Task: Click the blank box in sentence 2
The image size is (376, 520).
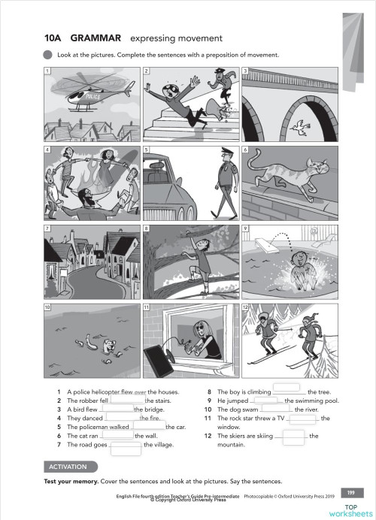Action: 126,401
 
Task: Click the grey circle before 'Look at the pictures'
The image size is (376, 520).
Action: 48,55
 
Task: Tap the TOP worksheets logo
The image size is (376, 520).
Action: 350,509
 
